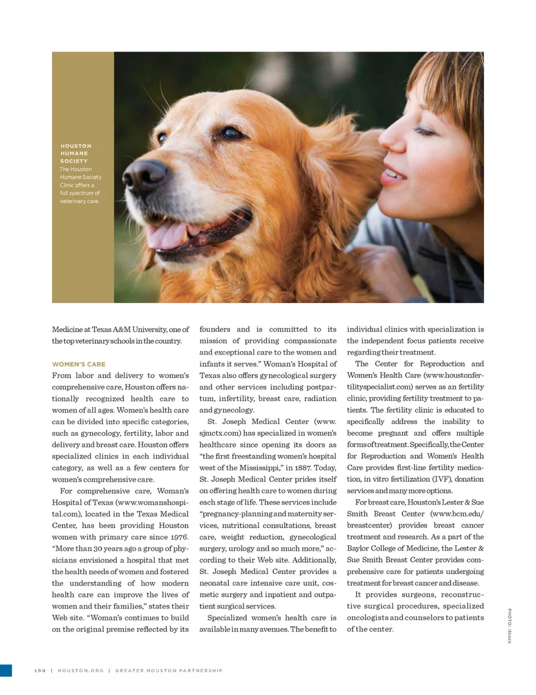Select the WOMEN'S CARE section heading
(x=79, y=364)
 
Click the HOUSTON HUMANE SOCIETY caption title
(x=75, y=153)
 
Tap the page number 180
(x=40, y=670)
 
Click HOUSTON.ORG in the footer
(x=80, y=670)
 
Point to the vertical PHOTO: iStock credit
(x=509, y=625)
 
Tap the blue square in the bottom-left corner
(x=6, y=670)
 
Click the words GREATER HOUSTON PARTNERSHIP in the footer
(x=169, y=670)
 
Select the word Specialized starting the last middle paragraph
(x=227, y=617)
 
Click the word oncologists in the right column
(x=367, y=617)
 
